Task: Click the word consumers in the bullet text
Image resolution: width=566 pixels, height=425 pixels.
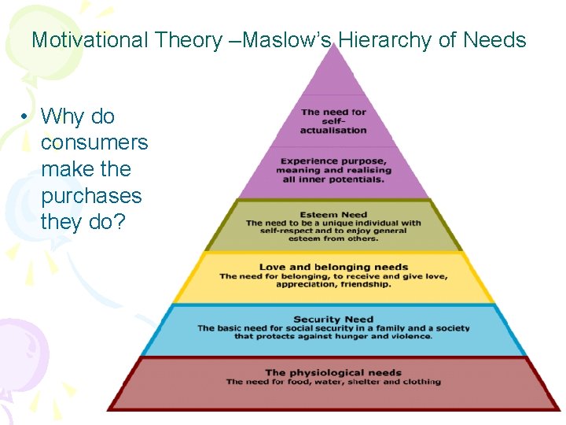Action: [94, 142]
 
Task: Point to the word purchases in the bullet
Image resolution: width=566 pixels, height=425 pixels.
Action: [91, 195]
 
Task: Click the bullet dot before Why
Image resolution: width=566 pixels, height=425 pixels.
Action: [26, 117]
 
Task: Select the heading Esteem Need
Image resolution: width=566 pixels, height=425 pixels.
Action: [333, 214]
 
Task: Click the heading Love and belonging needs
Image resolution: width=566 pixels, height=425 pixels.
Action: [333, 267]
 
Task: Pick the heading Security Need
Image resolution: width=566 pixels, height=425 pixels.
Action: [333, 320]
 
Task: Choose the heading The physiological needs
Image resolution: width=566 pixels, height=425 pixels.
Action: [333, 372]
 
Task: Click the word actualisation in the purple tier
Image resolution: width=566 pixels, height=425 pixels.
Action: [333, 130]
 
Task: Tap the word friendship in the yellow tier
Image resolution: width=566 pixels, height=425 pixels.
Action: [365, 284]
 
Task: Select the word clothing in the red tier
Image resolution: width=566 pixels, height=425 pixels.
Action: [421, 382]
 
